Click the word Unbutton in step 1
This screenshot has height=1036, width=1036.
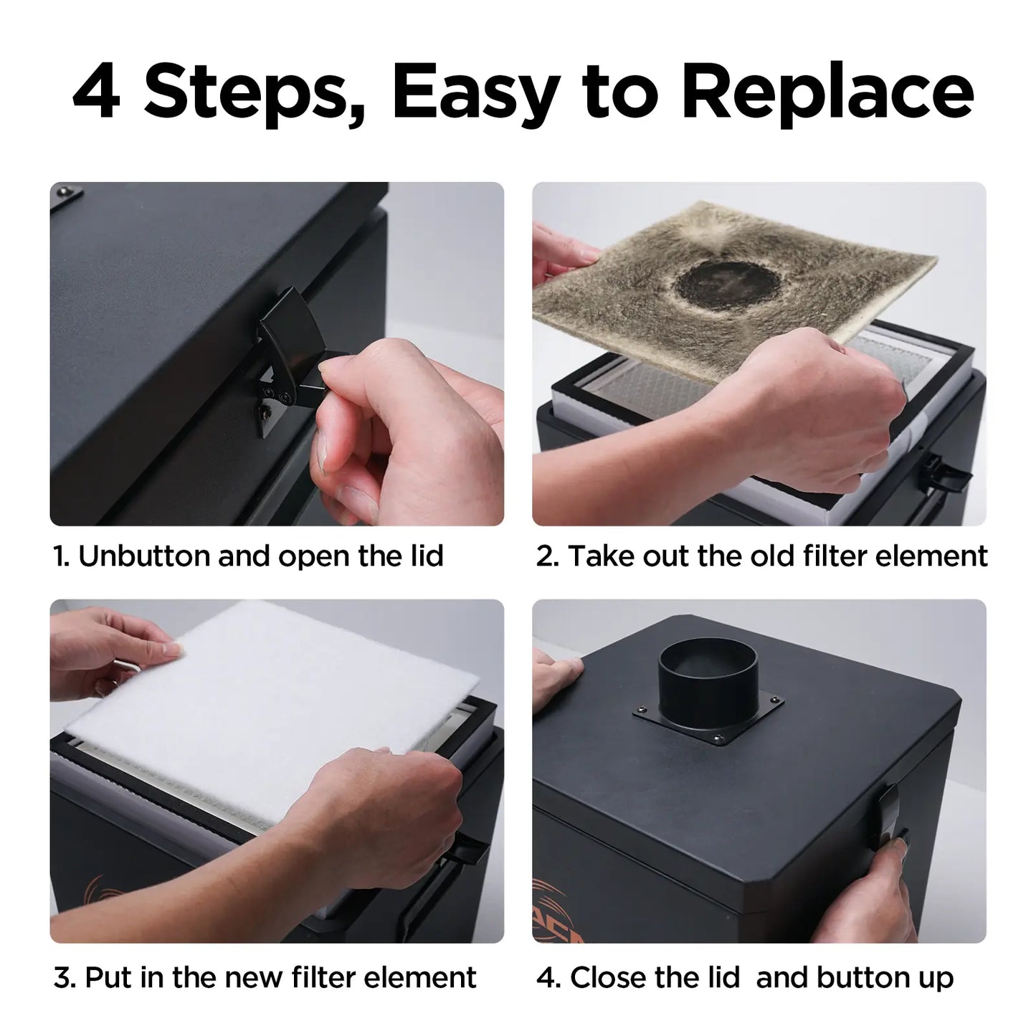pyautogui.click(x=144, y=556)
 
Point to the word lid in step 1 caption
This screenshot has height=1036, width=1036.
pyautogui.click(x=425, y=556)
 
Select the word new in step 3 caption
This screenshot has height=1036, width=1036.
pyautogui.click(x=255, y=977)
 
